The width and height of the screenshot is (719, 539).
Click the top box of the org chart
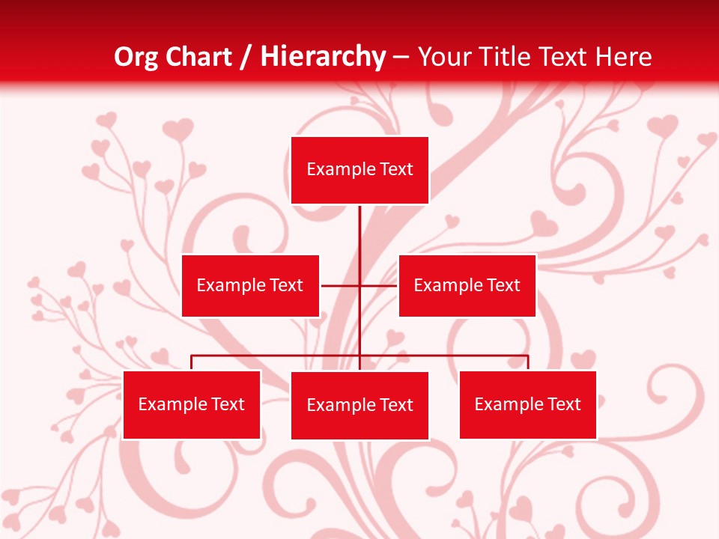coord(359,170)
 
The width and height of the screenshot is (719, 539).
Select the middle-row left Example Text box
coord(250,285)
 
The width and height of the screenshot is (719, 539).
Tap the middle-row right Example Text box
coord(467,285)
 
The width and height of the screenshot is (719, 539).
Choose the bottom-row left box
coord(192,404)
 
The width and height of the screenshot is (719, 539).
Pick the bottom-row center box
coord(359,405)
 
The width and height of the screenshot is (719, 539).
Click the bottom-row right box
coord(527,404)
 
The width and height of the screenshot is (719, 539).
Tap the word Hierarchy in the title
coord(323,57)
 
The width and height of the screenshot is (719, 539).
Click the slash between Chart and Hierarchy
coord(246,57)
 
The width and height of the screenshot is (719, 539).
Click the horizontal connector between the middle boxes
coord(342,285)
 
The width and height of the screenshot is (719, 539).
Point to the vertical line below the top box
coord(359,232)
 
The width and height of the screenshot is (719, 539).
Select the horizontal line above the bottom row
coord(277,356)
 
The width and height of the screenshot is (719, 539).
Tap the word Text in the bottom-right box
coord(564,404)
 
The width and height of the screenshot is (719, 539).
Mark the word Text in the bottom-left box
coord(228,404)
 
